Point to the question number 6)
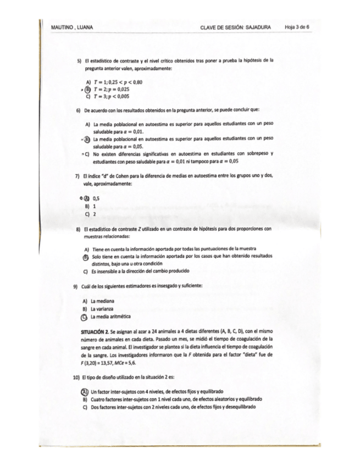click(x=78, y=110)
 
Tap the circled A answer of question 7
click(x=86, y=198)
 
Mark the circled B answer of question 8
click(x=86, y=257)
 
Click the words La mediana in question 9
click(x=102, y=301)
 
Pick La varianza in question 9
click(x=102, y=309)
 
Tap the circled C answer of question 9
click(x=84, y=317)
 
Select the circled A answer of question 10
click(x=84, y=391)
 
